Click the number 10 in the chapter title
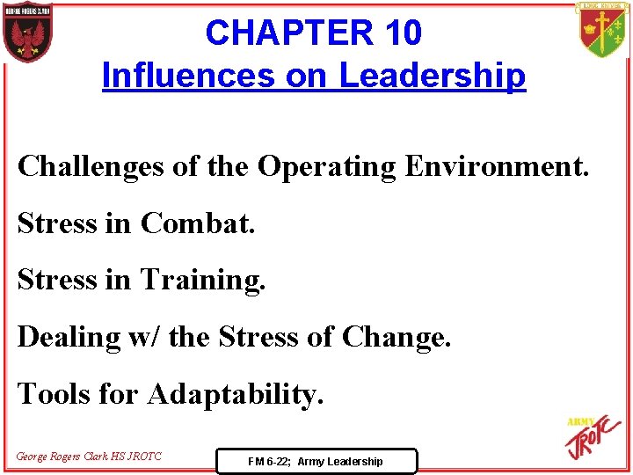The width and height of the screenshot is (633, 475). coord(403,33)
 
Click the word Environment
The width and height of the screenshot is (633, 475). coord(496,165)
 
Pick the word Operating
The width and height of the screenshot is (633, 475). coord(326,165)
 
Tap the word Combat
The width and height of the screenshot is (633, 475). coord(197,223)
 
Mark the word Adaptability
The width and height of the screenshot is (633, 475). coord(236,394)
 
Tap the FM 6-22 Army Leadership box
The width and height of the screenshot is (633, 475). coord(316,461)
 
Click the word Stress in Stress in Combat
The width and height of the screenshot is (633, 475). coord(56,223)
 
